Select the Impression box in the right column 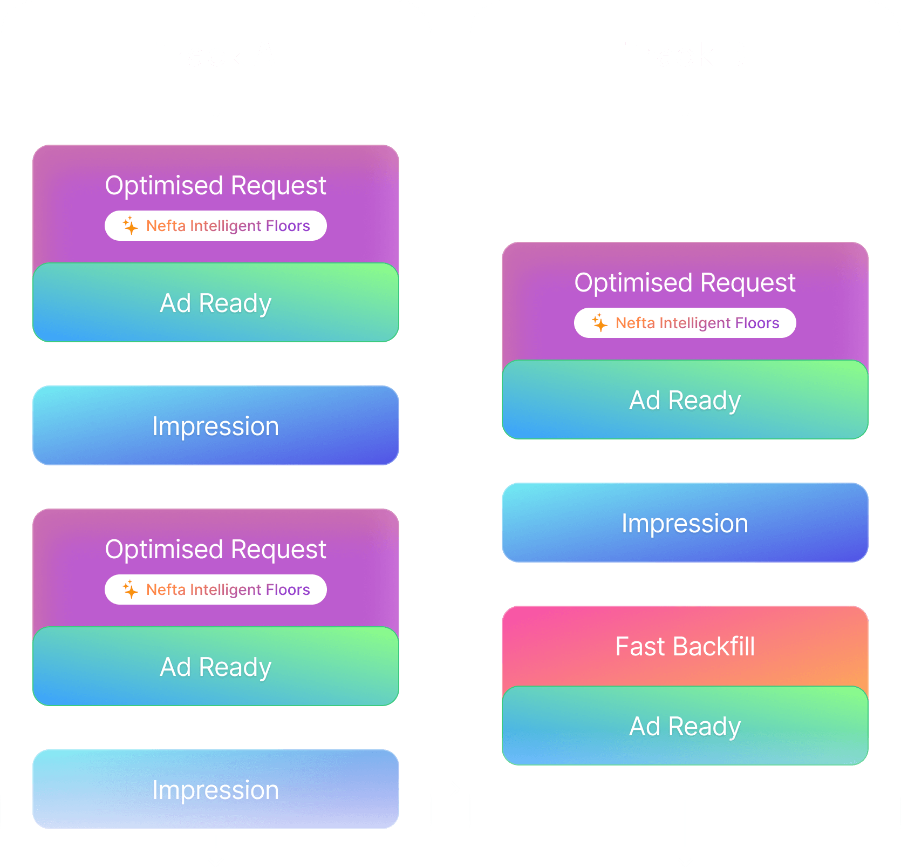coord(685,523)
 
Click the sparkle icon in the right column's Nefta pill coord(599,322)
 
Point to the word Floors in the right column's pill coord(757,323)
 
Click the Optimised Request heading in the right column coord(685,282)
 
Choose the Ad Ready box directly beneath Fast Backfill coord(685,726)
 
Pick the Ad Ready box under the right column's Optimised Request coord(685,400)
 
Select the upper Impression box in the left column coord(216,425)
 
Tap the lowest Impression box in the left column coord(216,789)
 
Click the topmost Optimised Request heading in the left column coord(216,185)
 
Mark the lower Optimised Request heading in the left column coord(216,549)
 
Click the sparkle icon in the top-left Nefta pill coord(130,225)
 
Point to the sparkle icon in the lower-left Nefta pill coord(130,589)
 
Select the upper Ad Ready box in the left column coord(216,303)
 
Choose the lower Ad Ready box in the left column coord(216,667)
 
